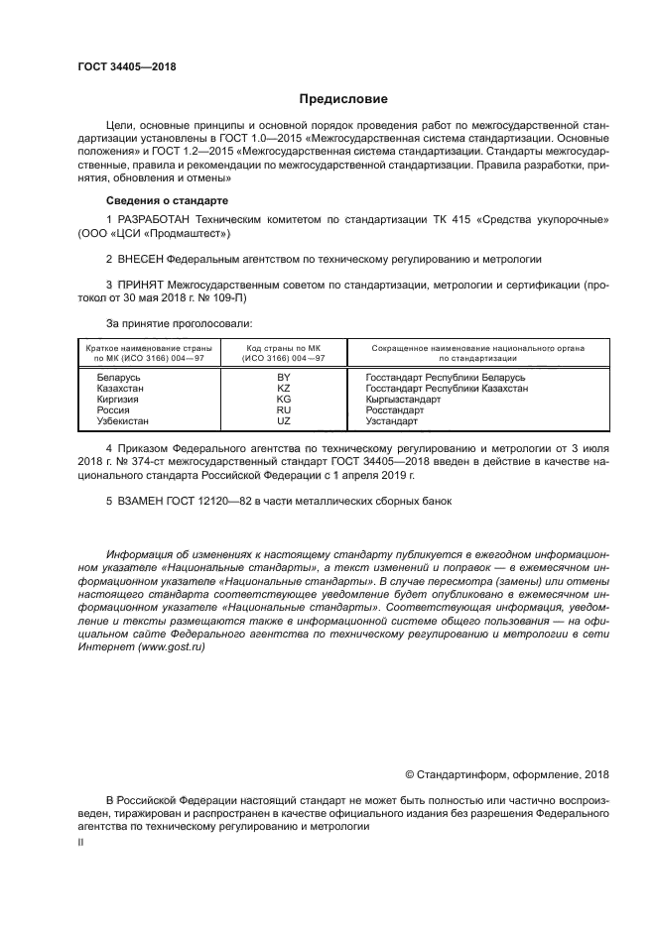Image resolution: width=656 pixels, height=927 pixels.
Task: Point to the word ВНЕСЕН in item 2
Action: pyautogui.click(x=139, y=259)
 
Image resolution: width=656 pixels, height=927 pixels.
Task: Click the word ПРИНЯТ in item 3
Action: pyautogui.click(x=140, y=285)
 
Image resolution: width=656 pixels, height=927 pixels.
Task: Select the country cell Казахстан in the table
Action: pyautogui.click(x=120, y=389)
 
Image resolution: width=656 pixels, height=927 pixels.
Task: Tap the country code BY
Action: pyautogui.click(x=283, y=378)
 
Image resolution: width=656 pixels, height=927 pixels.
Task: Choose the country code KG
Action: pyautogui.click(x=283, y=400)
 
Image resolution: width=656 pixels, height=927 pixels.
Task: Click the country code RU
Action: pyautogui.click(x=283, y=409)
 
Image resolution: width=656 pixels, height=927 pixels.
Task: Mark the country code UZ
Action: pyautogui.click(x=283, y=420)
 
